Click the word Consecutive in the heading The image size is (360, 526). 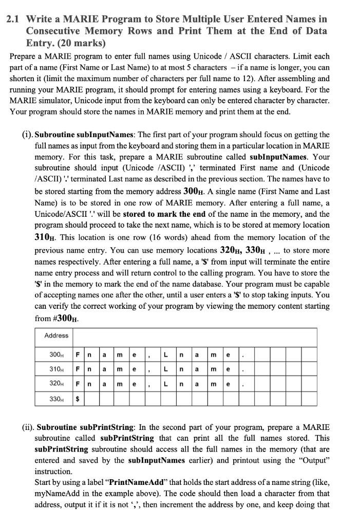click(x=58, y=31)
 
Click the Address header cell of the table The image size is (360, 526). click(x=56, y=335)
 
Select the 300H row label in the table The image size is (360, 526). click(x=53, y=354)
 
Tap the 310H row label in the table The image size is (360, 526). click(x=53, y=369)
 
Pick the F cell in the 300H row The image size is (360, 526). click(x=78, y=354)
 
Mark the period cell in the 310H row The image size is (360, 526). click(x=243, y=369)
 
